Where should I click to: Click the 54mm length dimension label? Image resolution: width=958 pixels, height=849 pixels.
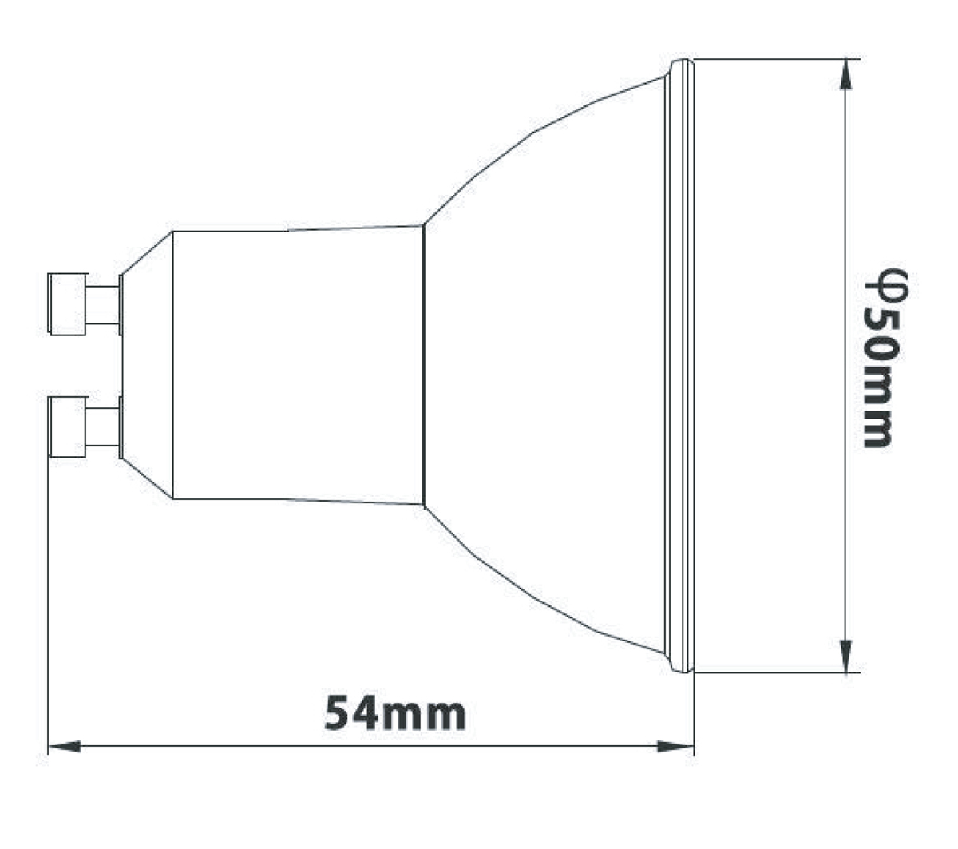point(394,713)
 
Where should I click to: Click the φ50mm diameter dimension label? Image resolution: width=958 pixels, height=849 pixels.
point(887,357)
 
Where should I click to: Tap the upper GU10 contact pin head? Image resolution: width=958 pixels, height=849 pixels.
point(67,303)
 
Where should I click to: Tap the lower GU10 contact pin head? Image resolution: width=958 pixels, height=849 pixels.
point(67,426)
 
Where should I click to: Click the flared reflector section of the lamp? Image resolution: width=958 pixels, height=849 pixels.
point(543,365)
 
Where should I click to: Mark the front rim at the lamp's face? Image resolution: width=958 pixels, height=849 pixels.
point(681,365)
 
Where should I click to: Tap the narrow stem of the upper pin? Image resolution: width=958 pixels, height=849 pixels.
point(102,304)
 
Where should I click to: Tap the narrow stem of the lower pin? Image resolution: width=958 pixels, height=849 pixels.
point(102,426)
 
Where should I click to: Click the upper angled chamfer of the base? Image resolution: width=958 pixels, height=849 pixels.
point(147,253)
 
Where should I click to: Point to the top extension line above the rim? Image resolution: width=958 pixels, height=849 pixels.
point(766,59)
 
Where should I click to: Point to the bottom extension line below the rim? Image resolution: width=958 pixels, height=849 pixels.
point(766,672)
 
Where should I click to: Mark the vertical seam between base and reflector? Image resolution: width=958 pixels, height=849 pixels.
point(423,365)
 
